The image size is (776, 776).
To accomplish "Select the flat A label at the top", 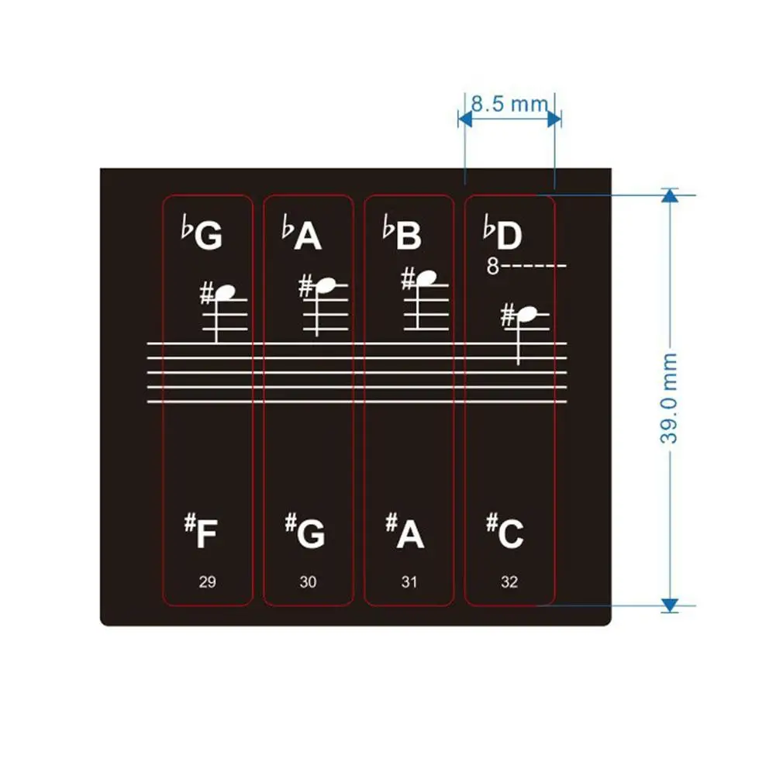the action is pos(302,235).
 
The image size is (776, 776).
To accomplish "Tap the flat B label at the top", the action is pos(403,235).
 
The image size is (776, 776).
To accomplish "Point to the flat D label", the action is pos(503,235).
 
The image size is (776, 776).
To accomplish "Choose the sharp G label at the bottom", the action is pos(305,533).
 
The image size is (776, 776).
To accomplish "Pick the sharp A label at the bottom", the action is pos(405,533).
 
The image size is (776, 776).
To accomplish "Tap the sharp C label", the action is pos(505,533).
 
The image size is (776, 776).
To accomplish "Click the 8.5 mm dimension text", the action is pos(509,103).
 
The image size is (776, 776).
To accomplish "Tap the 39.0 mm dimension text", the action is pos(670,398).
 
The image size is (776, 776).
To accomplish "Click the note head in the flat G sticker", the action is pos(225,292).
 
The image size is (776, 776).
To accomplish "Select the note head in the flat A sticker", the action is pos(326,286).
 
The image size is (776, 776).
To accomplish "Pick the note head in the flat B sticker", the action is pos(425,276).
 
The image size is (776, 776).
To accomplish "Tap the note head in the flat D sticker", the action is pos(526,314).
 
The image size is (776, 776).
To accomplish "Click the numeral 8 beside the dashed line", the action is pos(492,267).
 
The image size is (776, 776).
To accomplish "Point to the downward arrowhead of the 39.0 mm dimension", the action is pos(671,604).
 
